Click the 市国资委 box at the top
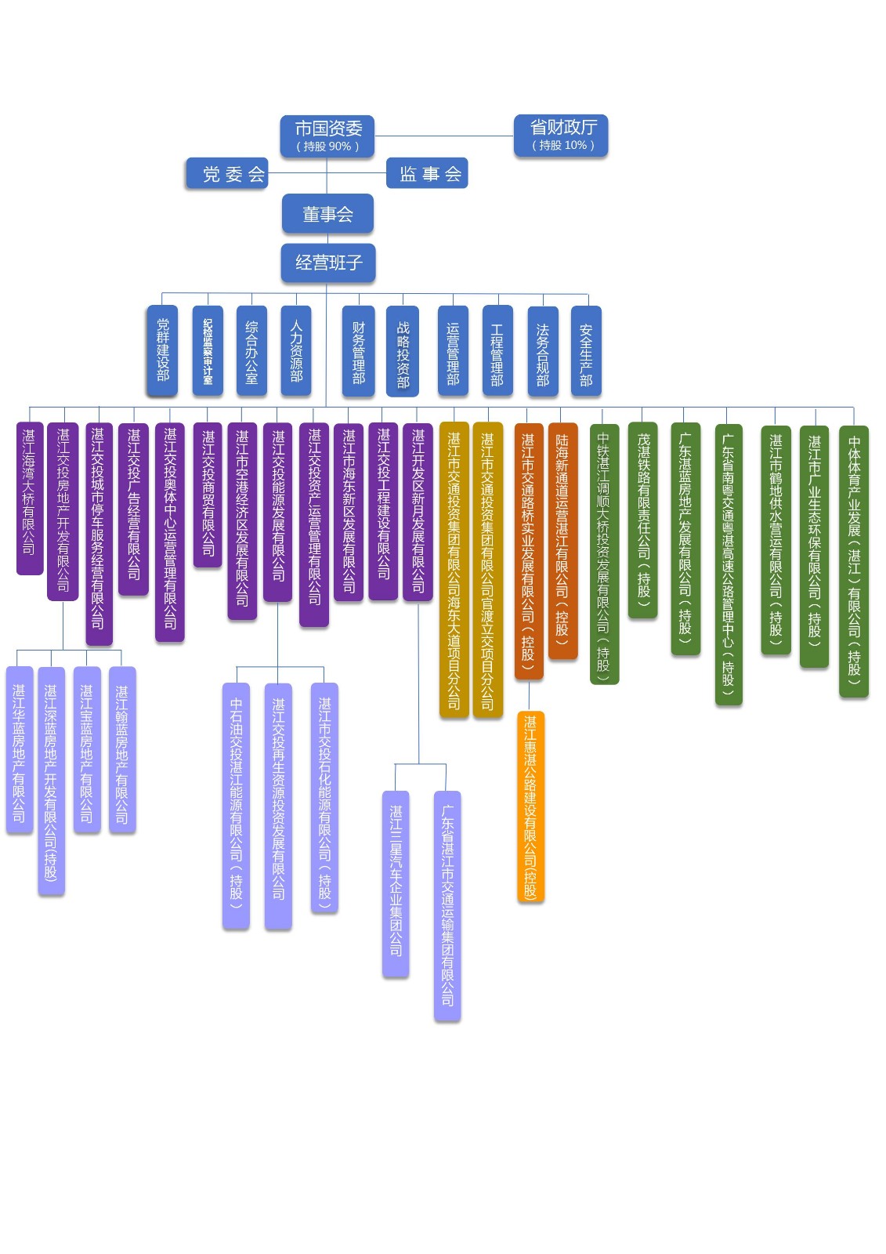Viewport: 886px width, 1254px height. click(x=327, y=136)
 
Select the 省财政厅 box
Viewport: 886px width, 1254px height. click(x=561, y=136)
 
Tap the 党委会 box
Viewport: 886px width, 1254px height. click(x=226, y=173)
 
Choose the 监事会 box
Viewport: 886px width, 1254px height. click(x=427, y=173)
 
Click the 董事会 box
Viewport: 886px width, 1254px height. click(x=327, y=214)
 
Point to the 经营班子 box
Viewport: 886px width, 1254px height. click(x=328, y=263)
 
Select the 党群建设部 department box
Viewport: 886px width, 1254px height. click(x=162, y=350)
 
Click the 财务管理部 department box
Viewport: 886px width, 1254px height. click(x=358, y=350)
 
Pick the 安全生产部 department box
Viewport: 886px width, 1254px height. click(x=586, y=350)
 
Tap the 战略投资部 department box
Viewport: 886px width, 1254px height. click(x=403, y=350)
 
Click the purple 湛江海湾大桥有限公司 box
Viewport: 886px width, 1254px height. click(x=30, y=498)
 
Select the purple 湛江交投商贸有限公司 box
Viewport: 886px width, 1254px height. click(x=208, y=494)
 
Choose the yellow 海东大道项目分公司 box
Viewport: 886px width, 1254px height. click(x=454, y=569)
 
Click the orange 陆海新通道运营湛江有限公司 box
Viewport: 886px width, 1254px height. click(x=562, y=541)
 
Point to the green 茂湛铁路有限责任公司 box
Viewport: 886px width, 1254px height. click(x=643, y=520)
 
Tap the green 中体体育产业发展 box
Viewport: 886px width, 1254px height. click(x=854, y=560)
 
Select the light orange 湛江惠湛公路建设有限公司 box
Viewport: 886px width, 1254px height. click(x=530, y=806)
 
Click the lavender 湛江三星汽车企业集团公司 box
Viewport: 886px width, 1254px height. click(x=396, y=883)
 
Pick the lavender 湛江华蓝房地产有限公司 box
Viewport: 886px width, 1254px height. click(x=20, y=749)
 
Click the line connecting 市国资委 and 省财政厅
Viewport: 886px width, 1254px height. click(x=443, y=136)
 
